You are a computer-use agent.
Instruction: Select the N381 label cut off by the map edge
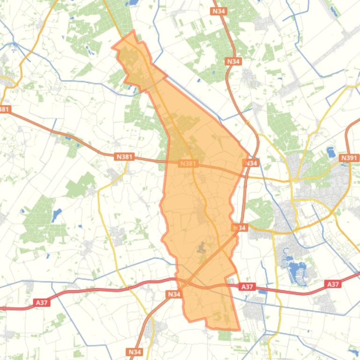point(4,109)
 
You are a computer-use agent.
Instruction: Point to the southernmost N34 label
point(134,352)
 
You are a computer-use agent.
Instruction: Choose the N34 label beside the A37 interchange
point(174,294)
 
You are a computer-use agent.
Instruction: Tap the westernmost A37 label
point(42,303)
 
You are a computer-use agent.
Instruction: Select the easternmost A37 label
point(332,284)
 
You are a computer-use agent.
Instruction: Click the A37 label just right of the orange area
point(247,287)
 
